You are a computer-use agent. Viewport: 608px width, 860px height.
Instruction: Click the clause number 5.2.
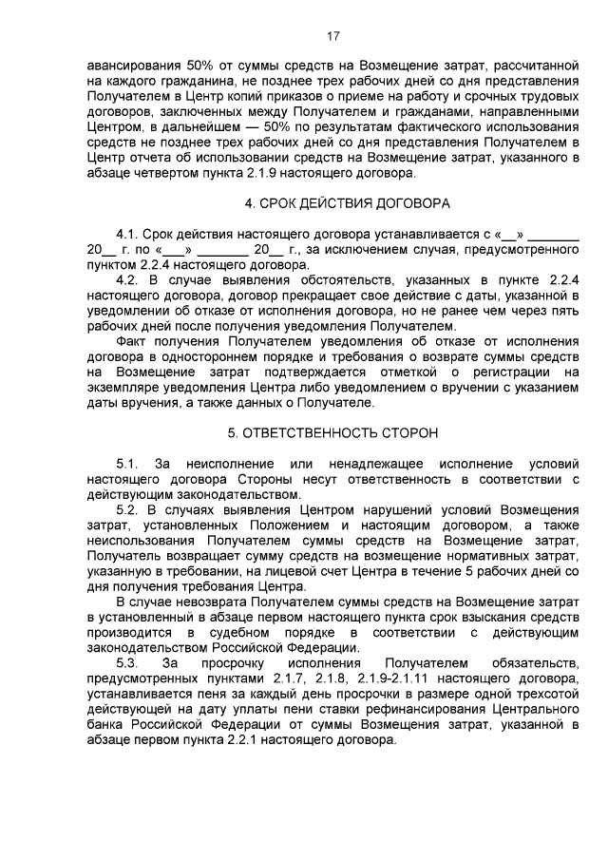(127, 509)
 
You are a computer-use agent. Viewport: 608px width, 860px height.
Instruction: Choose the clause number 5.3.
(127, 660)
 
